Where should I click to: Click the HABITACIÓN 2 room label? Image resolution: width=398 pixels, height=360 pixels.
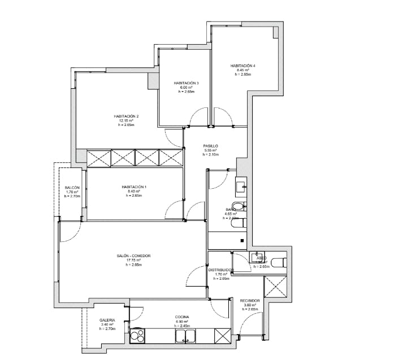click(x=126, y=116)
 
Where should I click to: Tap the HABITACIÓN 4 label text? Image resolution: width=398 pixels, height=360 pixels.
click(x=243, y=66)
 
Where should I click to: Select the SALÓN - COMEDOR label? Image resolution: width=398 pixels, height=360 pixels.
click(x=131, y=256)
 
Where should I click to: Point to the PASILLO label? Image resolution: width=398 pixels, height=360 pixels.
click(x=210, y=146)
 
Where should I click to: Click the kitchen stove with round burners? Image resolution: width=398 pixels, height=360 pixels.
click(x=137, y=336)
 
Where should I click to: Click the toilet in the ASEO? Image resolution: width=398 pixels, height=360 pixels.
click(x=278, y=262)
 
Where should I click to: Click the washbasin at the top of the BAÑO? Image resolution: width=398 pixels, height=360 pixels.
click(x=241, y=184)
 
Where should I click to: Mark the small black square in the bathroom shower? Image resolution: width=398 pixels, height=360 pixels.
click(x=242, y=241)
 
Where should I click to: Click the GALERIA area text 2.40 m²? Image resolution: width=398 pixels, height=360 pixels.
click(x=107, y=324)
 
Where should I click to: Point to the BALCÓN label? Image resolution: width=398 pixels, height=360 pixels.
click(x=72, y=188)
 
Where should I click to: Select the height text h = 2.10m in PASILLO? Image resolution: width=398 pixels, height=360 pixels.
click(x=210, y=154)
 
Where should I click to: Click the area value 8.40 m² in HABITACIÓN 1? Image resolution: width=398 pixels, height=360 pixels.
click(x=133, y=191)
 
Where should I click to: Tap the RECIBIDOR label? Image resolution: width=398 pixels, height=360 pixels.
click(x=249, y=301)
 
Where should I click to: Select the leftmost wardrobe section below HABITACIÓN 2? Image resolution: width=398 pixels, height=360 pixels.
click(x=99, y=158)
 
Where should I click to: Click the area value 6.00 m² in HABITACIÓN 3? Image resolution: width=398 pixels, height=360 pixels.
click(x=186, y=88)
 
